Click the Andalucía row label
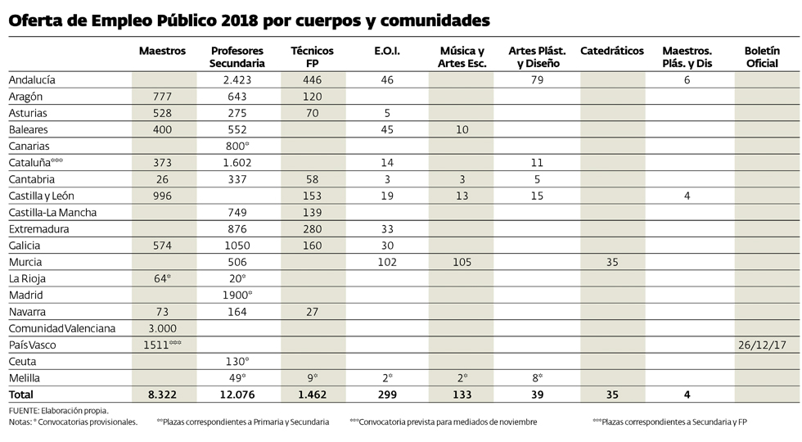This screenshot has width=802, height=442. tap(32, 80)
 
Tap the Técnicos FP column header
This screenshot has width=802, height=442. tap(312, 56)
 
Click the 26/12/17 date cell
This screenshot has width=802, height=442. tap(767, 345)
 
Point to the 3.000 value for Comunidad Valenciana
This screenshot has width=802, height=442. tap(163, 328)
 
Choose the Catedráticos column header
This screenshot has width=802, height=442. tap(612, 51)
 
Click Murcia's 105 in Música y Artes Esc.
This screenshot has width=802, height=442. tap(462, 262)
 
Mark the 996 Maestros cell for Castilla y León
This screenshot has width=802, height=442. tap(163, 196)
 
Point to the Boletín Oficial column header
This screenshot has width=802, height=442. tap(767, 56)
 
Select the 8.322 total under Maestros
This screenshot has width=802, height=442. tap(163, 395)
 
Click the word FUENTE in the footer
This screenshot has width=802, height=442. tap(25, 410)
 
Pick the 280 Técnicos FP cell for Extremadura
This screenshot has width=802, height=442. tap(312, 229)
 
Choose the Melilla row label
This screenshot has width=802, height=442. tap(25, 378)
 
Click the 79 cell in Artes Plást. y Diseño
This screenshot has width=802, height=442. tap(537, 80)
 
